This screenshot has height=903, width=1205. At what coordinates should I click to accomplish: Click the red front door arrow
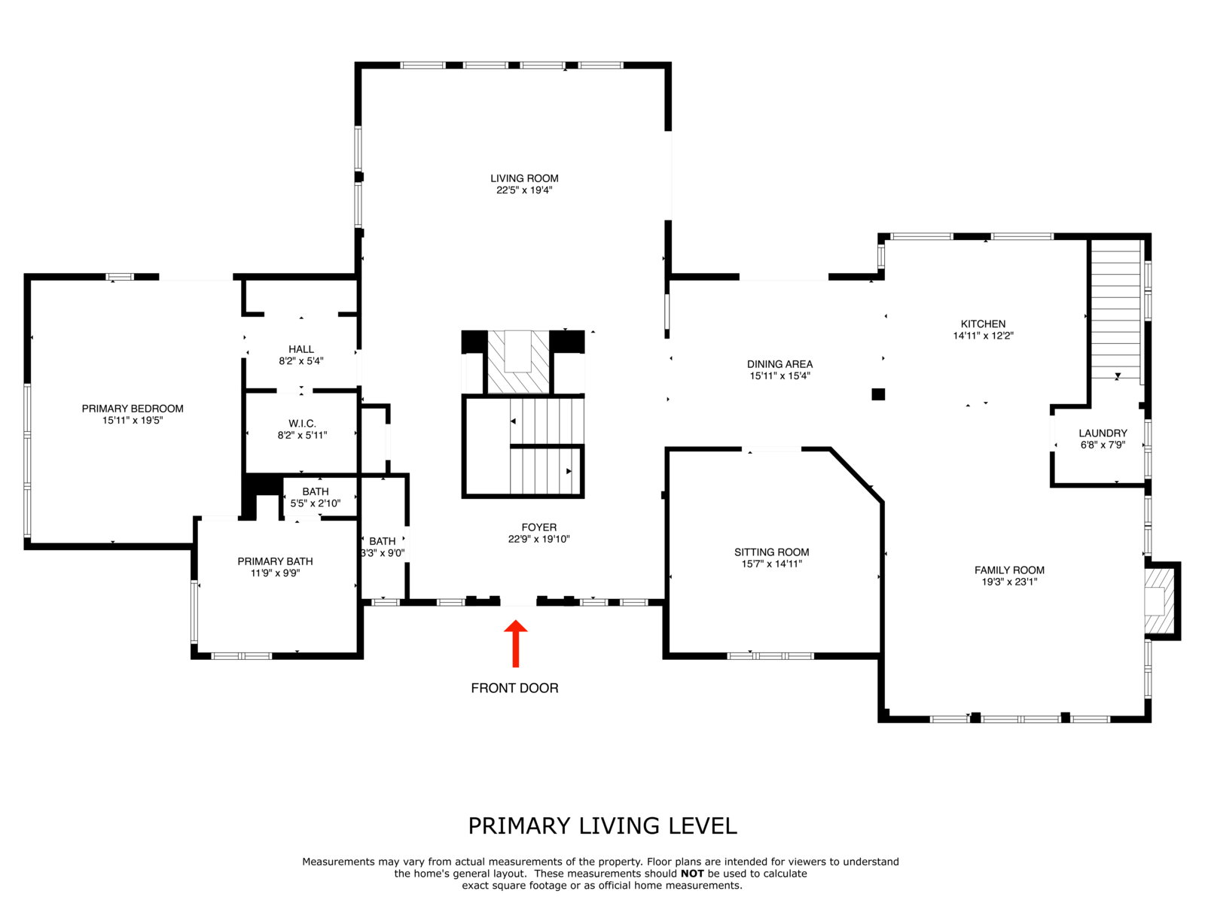515,643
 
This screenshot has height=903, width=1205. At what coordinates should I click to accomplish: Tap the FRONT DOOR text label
514,688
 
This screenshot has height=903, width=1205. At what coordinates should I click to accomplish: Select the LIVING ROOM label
524,178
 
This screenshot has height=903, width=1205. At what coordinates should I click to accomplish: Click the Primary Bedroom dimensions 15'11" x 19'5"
133,421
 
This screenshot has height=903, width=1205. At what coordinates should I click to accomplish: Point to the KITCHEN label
984,324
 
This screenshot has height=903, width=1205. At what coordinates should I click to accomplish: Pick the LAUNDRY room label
1103,433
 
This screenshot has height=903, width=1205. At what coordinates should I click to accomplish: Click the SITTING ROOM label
772,552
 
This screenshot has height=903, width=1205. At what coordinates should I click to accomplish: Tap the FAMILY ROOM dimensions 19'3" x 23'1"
1010,582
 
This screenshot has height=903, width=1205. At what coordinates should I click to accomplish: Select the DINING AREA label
779,364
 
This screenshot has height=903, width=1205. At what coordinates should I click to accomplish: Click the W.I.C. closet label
302,424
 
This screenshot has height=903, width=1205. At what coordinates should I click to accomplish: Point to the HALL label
301,349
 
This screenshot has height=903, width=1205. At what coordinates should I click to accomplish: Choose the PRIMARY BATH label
275,561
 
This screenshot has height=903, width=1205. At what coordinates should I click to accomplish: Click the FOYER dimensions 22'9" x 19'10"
538,539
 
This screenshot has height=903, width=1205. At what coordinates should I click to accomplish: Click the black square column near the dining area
878,394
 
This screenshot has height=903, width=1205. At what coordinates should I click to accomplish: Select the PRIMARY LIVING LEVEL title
602,826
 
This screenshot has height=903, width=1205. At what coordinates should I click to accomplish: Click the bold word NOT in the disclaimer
692,874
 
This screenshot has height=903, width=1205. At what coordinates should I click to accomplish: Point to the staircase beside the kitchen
1115,310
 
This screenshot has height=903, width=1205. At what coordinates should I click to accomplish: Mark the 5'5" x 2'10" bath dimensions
315,503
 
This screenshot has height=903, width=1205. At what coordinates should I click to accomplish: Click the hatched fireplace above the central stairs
518,362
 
